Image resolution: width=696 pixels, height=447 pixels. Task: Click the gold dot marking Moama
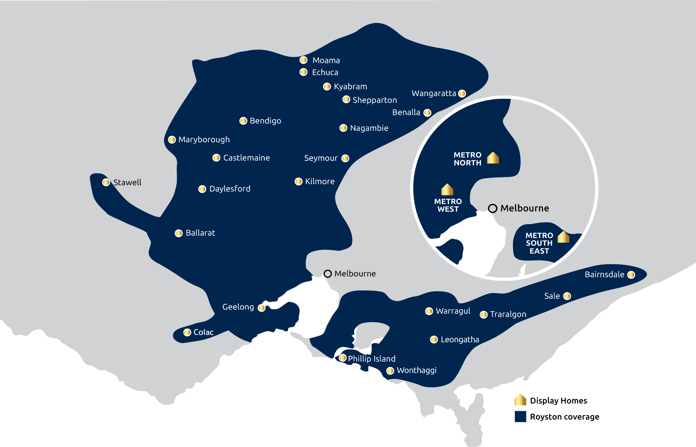click(x=303, y=60)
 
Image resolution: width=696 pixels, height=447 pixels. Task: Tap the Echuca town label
click(x=325, y=72)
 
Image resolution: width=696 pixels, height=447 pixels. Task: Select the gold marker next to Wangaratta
click(x=462, y=94)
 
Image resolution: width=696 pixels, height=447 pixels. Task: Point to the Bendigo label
click(x=265, y=121)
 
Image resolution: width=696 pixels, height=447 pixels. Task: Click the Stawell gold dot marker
click(x=106, y=182)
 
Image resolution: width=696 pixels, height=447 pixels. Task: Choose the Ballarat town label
click(x=200, y=233)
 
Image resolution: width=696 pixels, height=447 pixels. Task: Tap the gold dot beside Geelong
click(x=261, y=308)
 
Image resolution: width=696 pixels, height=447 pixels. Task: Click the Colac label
click(x=204, y=332)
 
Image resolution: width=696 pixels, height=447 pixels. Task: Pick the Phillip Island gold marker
click(x=343, y=357)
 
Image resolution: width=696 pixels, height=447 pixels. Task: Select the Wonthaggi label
click(x=417, y=370)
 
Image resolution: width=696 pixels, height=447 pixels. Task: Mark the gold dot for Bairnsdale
click(x=631, y=275)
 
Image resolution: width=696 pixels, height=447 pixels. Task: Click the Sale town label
click(x=552, y=296)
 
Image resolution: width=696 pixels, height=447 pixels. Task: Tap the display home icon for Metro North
click(x=493, y=158)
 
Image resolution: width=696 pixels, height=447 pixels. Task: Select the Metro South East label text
click(x=539, y=243)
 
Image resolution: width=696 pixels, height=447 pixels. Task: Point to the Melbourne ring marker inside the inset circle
click(x=492, y=208)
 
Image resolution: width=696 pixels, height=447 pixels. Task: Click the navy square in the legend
click(x=521, y=417)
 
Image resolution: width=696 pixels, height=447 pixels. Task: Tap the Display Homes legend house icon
click(x=520, y=400)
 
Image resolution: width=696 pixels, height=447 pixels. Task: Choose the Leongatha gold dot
click(x=434, y=339)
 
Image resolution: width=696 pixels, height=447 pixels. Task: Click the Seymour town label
click(x=321, y=158)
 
